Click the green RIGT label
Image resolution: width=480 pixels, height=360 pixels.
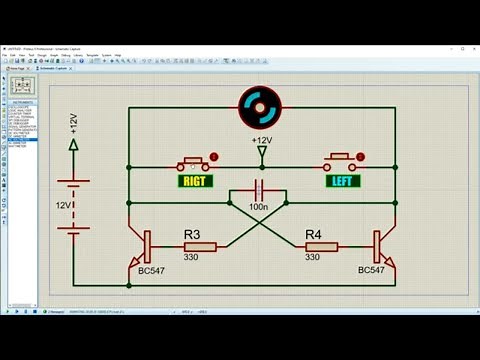[192, 181]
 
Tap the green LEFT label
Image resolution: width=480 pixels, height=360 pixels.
[343, 181]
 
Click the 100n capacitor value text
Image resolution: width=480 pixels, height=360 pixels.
[259, 205]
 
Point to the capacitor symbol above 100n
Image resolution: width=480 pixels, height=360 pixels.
[259, 188]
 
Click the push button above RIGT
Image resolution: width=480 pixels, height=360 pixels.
[193, 162]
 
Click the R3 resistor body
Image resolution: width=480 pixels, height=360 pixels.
[199, 246]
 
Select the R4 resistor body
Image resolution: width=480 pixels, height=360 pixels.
[322, 246]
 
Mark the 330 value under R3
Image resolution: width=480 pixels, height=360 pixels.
[193, 257]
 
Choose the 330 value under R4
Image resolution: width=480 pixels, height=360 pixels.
[313, 257]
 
